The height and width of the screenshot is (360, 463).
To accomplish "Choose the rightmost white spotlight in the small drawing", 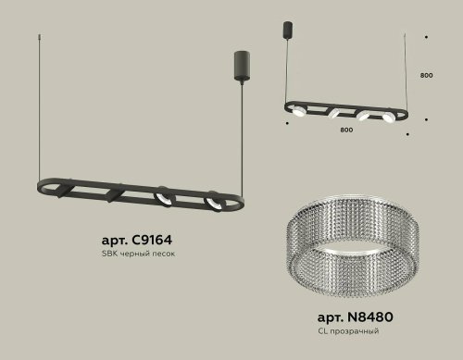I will [390, 116].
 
